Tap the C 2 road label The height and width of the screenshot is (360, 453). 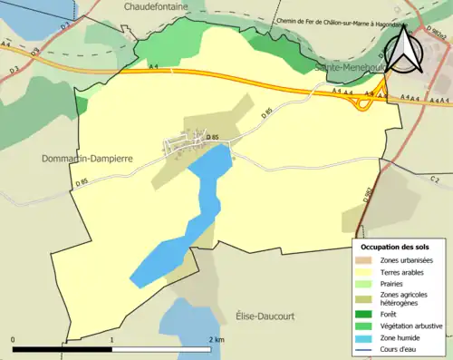[435, 179]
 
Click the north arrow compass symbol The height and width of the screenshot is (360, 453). [403, 50]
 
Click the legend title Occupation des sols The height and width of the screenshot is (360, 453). [396, 247]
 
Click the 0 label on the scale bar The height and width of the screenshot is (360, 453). [14, 339]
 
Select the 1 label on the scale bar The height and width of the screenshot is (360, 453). [111, 339]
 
